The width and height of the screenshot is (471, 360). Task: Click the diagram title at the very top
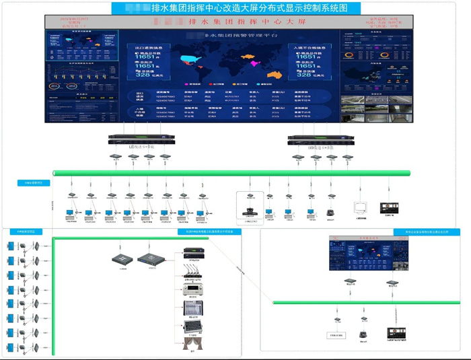[x=235, y=8]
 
